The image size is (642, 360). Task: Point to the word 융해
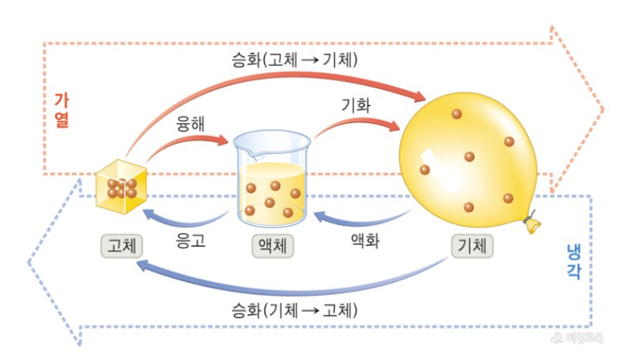[x=192, y=126]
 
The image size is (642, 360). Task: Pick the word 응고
[x=191, y=239]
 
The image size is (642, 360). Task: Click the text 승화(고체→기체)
[x=293, y=59]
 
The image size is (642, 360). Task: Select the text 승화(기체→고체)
[x=293, y=309]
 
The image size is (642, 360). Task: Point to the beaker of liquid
[x=272, y=186]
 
